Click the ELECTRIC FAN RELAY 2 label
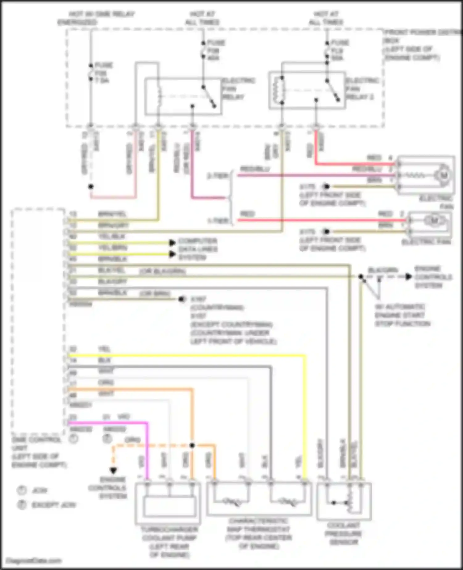point(359,89)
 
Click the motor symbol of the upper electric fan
point(443,175)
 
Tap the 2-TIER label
point(217,176)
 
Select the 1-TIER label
point(218,220)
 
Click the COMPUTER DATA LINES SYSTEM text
point(198,249)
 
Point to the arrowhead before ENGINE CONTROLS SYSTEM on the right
point(408,277)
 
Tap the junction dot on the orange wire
point(192,446)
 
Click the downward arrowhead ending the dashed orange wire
point(114,471)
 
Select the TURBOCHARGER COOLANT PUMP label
point(169,542)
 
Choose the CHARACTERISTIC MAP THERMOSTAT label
point(259,538)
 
